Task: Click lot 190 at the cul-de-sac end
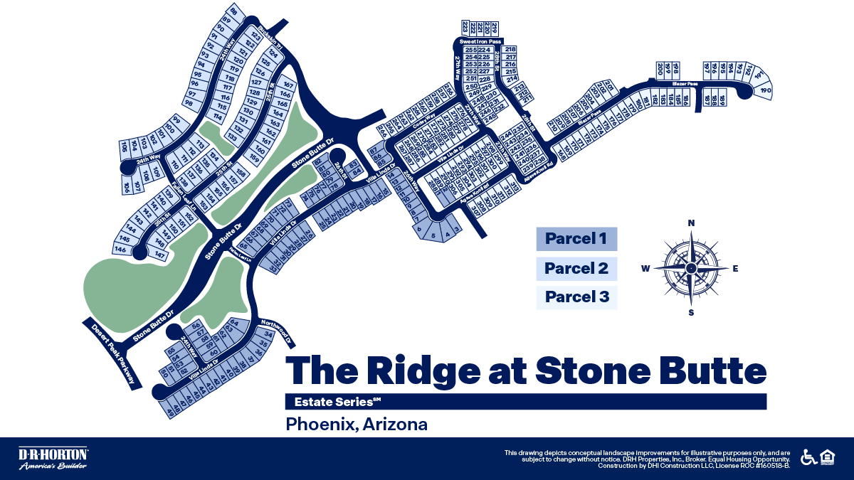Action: pos(766,91)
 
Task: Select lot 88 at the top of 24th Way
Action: pos(233,11)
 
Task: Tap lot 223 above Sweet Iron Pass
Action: pos(465,28)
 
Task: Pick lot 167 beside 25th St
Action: pos(288,85)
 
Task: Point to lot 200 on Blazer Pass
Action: pos(660,70)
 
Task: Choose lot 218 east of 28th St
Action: pos(510,49)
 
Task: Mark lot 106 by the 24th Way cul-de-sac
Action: pos(127,188)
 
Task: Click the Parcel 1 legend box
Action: pos(576,239)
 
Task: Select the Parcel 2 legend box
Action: pos(576,268)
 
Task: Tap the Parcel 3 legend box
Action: pos(576,297)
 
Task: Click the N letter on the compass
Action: pos(691,223)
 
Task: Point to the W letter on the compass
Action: pos(645,268)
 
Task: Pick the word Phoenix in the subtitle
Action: pos(321,425)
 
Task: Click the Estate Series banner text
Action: pos(327,402)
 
